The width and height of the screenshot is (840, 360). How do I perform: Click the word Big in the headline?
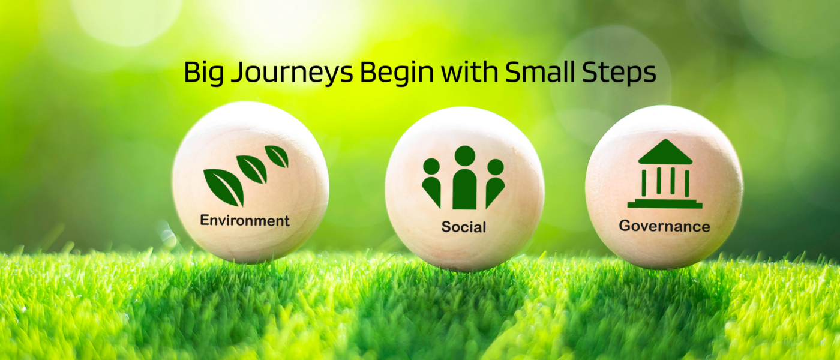[x=203, y=73]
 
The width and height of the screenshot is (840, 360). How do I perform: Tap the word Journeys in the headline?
[x=292, y=73]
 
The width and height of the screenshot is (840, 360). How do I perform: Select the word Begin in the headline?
[x=397, y=73]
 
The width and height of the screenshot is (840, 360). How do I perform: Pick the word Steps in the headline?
[x=619, y=73]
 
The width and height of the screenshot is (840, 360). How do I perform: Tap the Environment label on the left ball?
[x=245, y=220]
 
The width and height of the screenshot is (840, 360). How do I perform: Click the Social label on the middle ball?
[x=463, y=227]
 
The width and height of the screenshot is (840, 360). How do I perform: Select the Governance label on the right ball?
[x=665, y=226]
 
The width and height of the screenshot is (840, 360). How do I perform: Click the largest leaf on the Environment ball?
[x=224, y=187]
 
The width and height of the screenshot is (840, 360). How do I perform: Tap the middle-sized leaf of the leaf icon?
[x=253, y=169]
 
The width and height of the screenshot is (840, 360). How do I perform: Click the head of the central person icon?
[x=464, y=155]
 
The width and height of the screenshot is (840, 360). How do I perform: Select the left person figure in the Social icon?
[x=431, y=182]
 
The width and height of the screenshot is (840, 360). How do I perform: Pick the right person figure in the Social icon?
[x=495, y=182]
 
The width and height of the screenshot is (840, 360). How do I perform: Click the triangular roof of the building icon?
[x=665, y=152]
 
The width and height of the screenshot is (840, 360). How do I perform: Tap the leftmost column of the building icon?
[x=644, y=183]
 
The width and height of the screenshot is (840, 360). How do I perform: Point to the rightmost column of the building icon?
[x=687, y=183]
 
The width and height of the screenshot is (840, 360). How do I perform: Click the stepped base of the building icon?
[x=665, y=203]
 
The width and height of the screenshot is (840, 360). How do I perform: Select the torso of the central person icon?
[x=464, y=189]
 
